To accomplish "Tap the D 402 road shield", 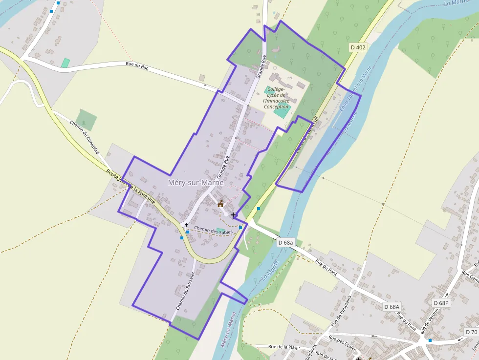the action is tap(358, 47).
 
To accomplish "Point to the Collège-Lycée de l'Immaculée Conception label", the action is tap(277, 98).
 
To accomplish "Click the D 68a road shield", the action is tap(285, 242).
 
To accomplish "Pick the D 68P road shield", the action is tap(440, 303).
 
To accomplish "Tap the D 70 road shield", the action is tap(471, 332).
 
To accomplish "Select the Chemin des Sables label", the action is tap(213, 230).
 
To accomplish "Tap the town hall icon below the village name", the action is tap(220, 204).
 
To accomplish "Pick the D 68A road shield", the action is tap(392, 307).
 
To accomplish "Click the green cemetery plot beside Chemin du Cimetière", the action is tap(86, 120).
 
